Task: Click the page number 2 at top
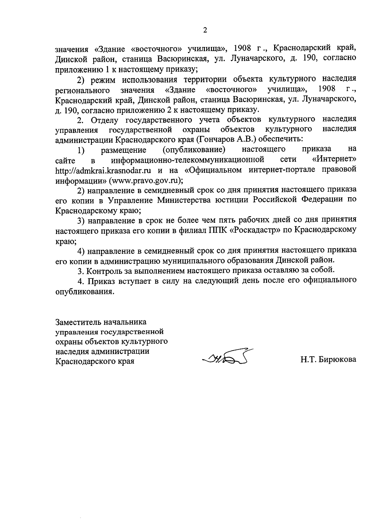pos(205,30)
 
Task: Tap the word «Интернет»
pos(334,160)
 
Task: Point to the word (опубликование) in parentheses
pos(194,150)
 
